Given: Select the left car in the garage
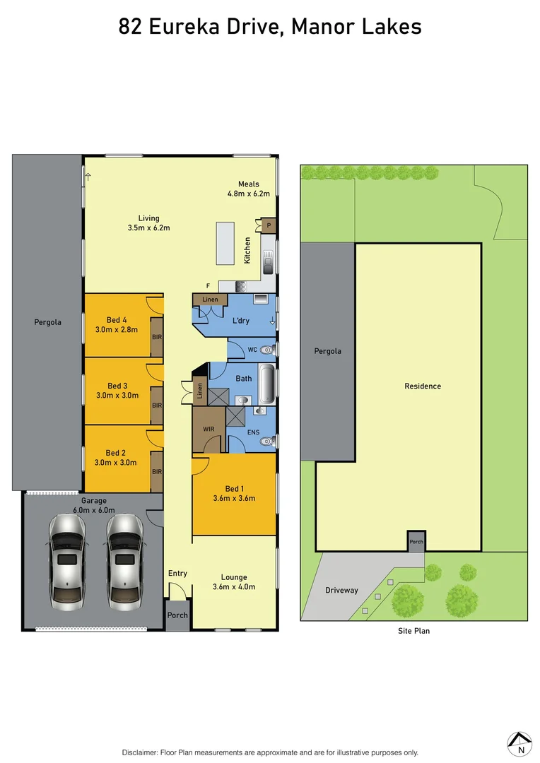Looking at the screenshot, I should point(66,562).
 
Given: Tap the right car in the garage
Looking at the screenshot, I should point(125,562).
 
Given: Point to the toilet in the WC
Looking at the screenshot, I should point(266,350).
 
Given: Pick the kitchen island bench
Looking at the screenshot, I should point(225,244).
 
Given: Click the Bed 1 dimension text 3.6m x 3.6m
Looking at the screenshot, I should point(234,498).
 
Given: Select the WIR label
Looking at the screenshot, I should point(208,429).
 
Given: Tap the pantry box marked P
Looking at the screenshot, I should point(269,225).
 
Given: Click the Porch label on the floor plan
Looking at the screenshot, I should point(177,615).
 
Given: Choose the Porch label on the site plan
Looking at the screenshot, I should point(416,543).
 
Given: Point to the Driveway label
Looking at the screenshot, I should point(341,590).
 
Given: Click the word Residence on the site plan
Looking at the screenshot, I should point(423,386).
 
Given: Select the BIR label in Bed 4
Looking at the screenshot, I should point(157,337).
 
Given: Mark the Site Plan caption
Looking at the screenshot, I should point(413,631).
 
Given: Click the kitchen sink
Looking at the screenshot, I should point(268,264).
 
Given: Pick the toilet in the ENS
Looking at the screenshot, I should point(266,442).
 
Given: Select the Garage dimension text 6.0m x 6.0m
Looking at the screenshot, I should point(93,509).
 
